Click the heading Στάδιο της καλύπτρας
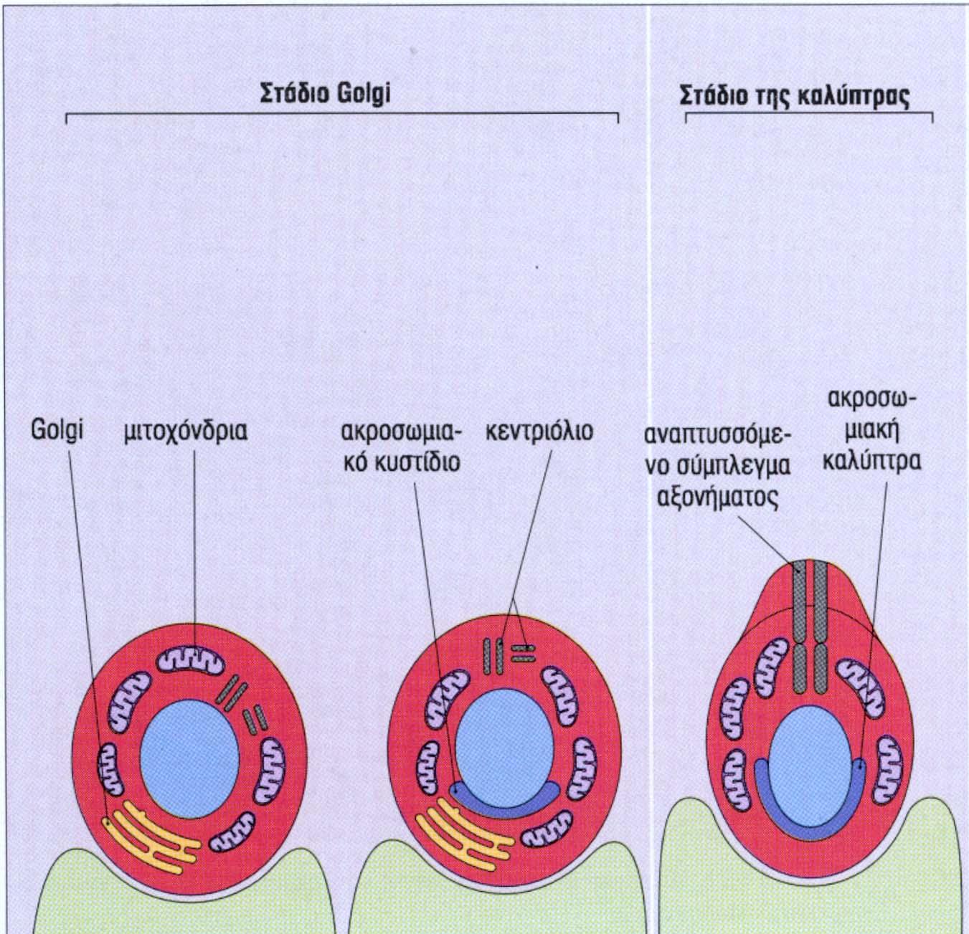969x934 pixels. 795,96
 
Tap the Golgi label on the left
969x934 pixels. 57,432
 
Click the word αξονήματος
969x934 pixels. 718,496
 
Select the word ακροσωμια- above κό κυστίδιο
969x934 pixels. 401,432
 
